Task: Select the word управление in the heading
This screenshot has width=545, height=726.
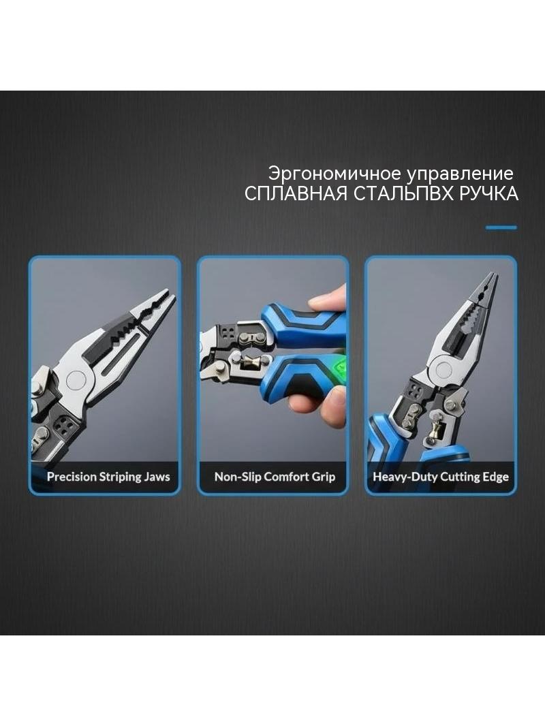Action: [460, 174]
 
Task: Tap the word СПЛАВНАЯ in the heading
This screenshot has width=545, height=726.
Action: [296, 193]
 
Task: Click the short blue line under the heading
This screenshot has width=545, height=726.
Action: [501, 227]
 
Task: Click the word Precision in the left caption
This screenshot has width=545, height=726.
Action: [72, 477]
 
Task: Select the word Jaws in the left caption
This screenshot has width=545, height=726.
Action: [157, 477]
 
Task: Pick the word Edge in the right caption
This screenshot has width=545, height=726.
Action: [496, 477]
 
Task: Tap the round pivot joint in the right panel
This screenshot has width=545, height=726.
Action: [444, 370]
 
